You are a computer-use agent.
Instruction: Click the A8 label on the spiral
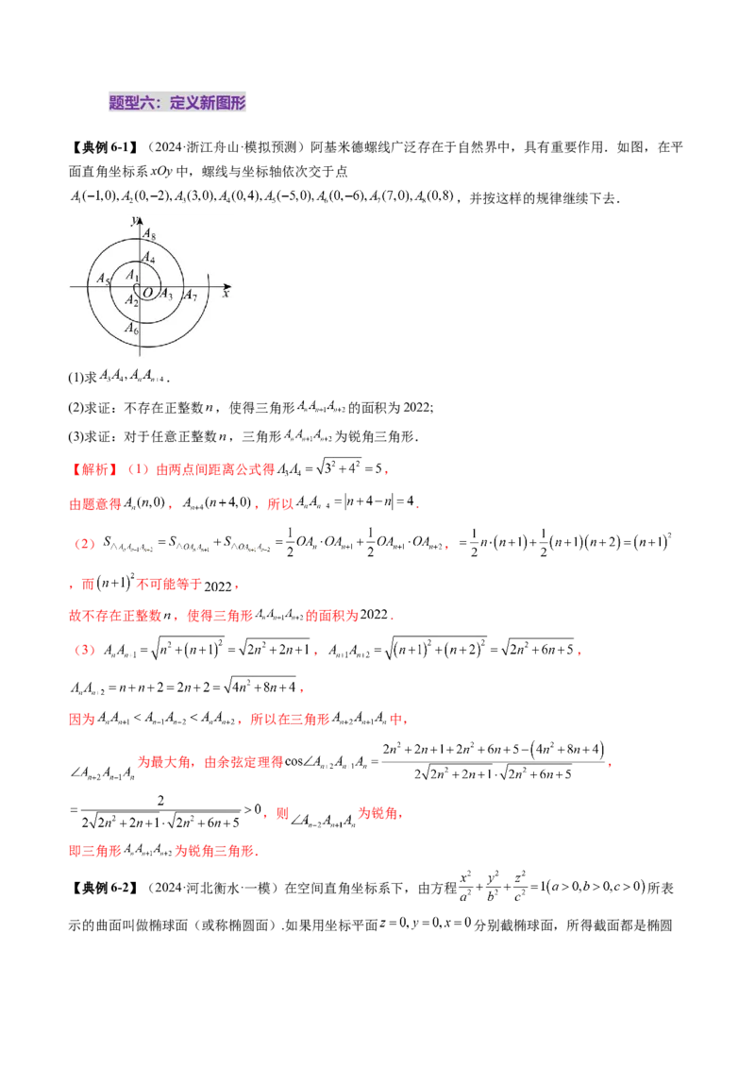pyautogui.click(x=148, y=236)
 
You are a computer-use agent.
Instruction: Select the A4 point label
pyautogui.click(x=148, y=257)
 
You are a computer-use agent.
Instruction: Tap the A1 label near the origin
pyautogui.click(x=132, y=276)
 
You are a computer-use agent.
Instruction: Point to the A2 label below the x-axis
pyautogui.click(x=133, y=300)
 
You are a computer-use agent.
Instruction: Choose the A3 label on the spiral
pyautogui.click(x=165, y=294)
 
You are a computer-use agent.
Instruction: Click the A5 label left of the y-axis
pyautogui.click(x=104, y=280)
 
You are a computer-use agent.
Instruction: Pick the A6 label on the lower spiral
pyautogui.click(x=131, y=329)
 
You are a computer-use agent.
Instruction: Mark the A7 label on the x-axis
pyautogui.click(x=190, y=296)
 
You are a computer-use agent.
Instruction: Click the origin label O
pyautogui.click(x=148, y=293)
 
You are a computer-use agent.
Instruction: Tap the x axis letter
pyautogui.click(x=226, y=295)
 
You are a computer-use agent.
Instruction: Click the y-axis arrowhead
pyautogui.click(x=140, y=219)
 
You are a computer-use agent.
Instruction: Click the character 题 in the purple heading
pyautogui.click(x=117, y=103)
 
